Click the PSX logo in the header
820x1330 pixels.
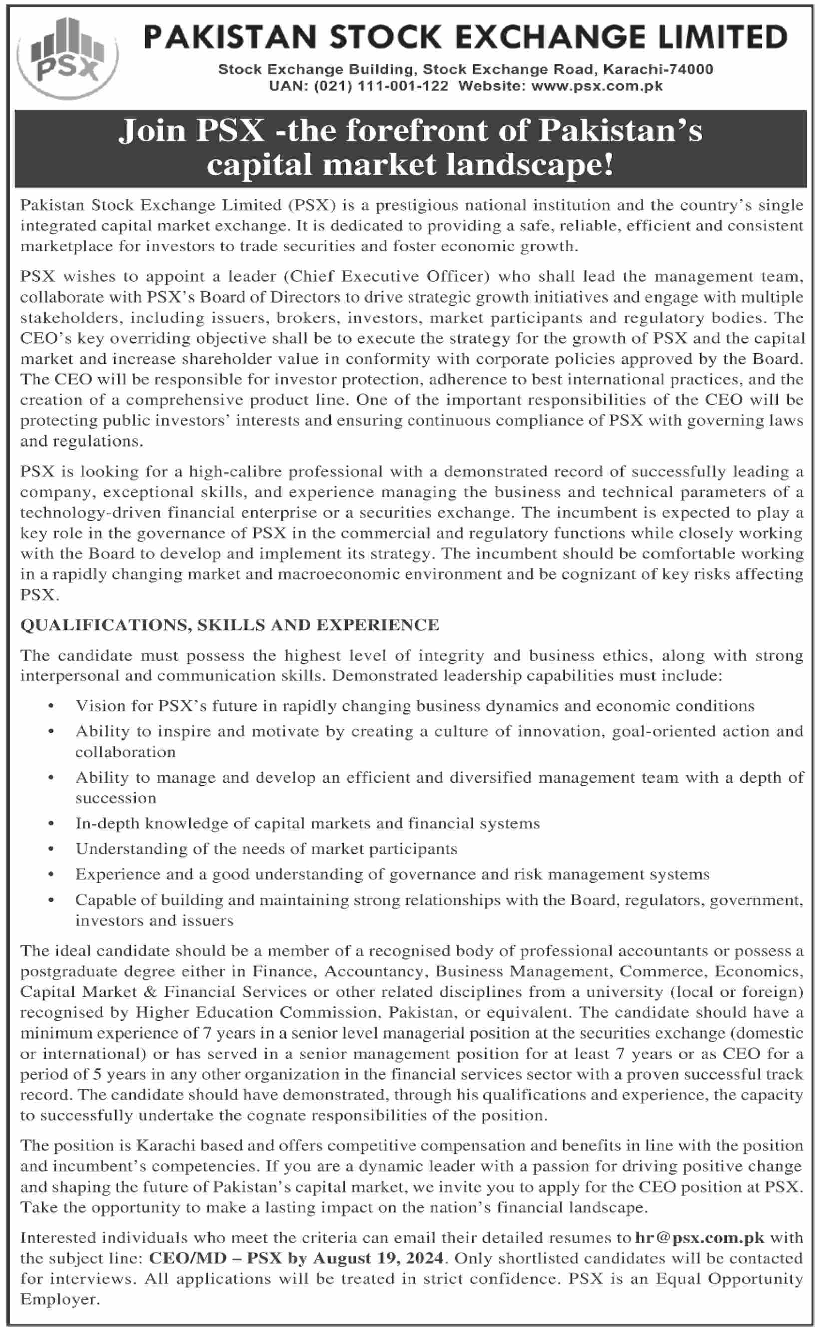(68, 58)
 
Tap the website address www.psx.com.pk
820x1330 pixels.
(597, 87)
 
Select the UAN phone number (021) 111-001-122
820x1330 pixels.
(381, 87)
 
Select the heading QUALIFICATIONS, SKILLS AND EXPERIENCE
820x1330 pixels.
(230, 626)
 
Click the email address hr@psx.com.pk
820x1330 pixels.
(700, 1238)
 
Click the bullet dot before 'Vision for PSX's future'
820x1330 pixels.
(51, 706)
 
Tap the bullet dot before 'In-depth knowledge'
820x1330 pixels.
(51, 824)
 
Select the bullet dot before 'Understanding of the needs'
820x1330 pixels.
(51, 849)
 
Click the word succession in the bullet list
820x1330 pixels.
(115, 798)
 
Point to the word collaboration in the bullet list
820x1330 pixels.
(125, 752)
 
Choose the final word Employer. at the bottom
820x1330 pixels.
(60, 1300)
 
